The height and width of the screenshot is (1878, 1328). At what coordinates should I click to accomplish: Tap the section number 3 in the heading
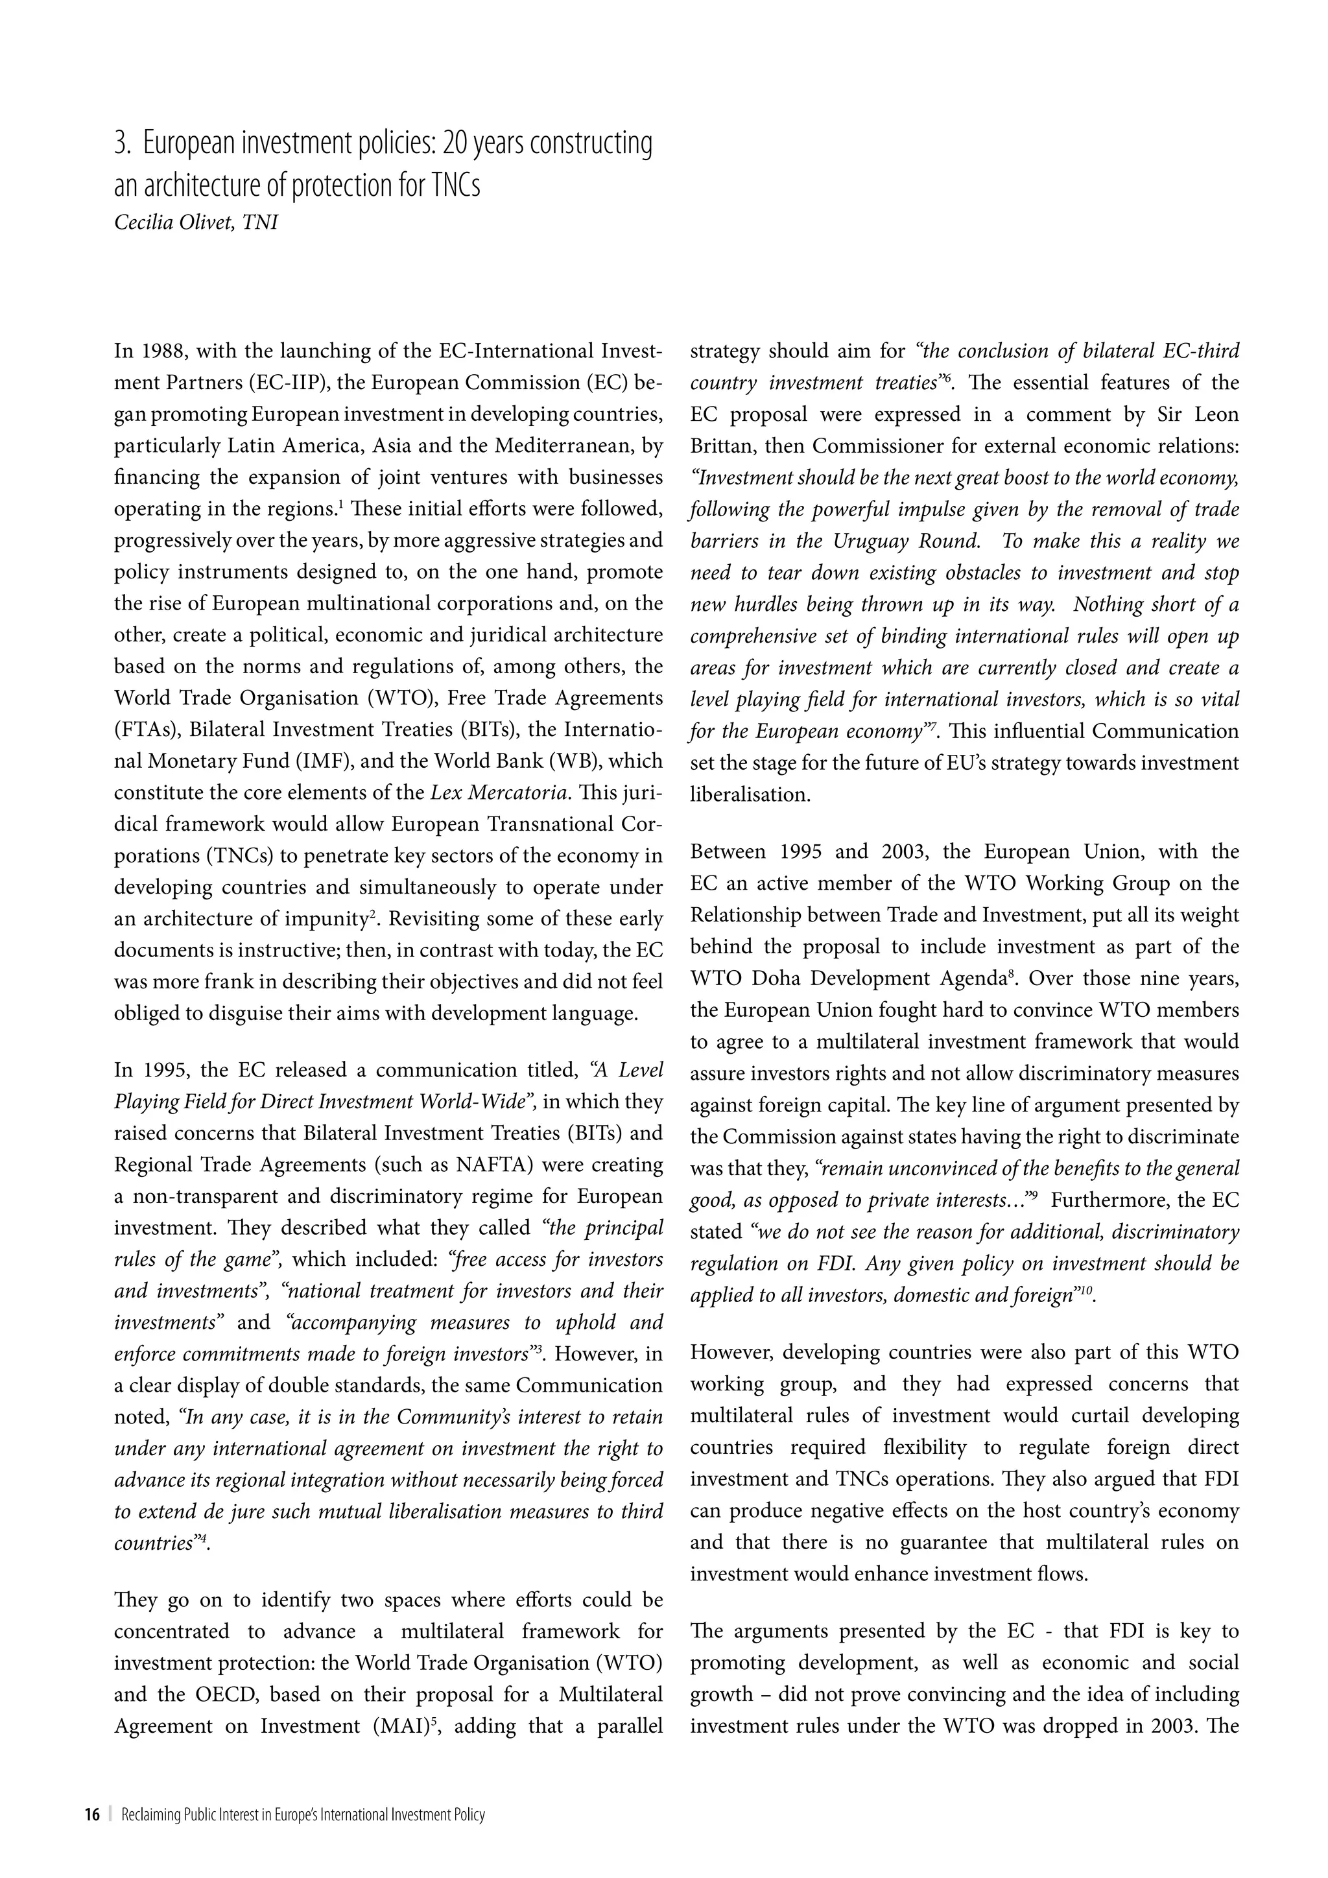click(x=121, y=145)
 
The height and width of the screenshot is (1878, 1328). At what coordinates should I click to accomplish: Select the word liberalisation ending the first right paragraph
click(x=749, y=794)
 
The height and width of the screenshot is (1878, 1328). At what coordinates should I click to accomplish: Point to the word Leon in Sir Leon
click(x=1216, y=414)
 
